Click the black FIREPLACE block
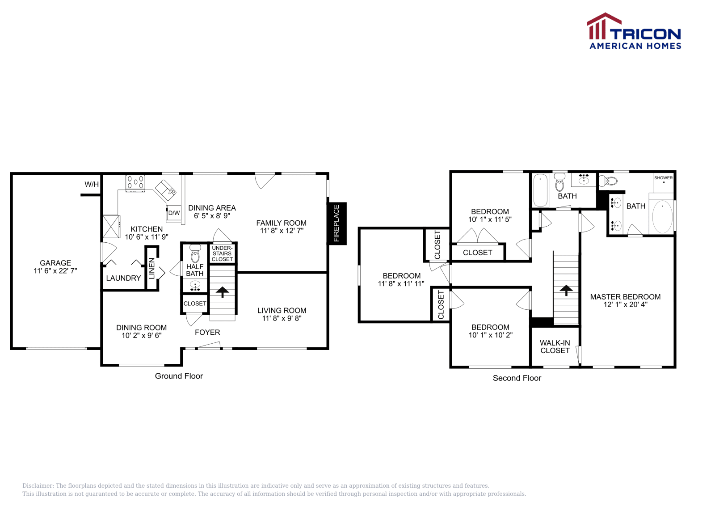337,223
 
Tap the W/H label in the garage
92,184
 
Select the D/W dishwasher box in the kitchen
174,213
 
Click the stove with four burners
135,183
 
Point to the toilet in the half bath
195,254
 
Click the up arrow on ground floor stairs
223,292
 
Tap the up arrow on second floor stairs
566,290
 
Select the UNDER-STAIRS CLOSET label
222,253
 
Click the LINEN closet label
152,268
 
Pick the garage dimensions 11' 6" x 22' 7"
55,271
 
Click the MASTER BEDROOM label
625,297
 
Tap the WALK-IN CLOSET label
555,347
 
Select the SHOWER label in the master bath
663,178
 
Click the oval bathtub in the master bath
662,217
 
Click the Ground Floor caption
179,376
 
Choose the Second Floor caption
517,378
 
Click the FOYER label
207,333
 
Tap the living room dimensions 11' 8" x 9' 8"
282,318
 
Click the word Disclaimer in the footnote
38,485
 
